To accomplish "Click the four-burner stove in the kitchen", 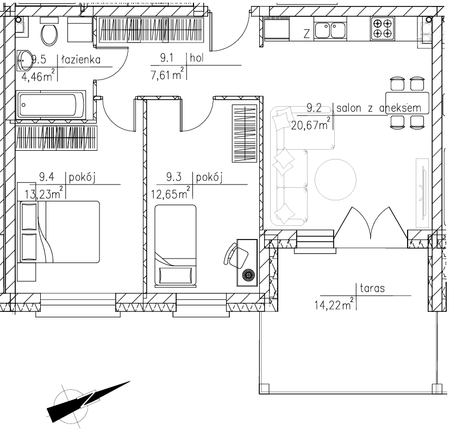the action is tap(383, 28).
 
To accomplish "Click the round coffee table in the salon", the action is tap(335, 180).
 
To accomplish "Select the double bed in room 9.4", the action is tap(59, 232).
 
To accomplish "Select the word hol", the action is tap(197, 58).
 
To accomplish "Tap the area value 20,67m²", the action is tap(310, 125).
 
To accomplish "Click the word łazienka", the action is tap(81, 60).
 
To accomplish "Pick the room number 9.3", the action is tap(174, 177).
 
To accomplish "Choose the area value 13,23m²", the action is tap(43, 194).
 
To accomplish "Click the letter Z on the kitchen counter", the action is tap(307, 34).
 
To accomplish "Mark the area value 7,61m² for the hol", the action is tap(167, 75).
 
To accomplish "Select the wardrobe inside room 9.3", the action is tap(244, 133).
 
